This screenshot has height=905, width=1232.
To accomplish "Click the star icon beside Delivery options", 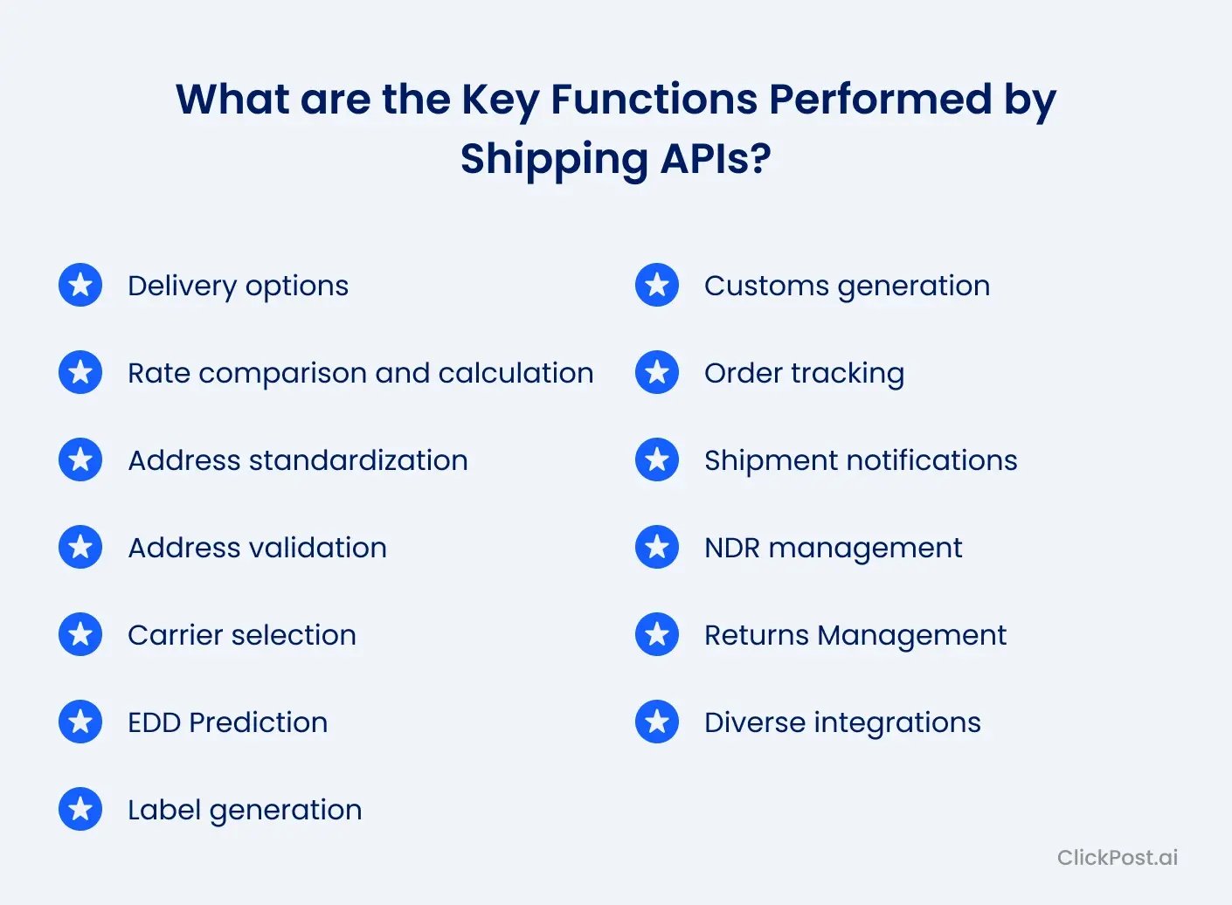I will pos(80,285).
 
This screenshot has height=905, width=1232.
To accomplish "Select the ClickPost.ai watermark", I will pos(1117,857).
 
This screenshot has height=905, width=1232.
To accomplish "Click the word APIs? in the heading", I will pos(716,159).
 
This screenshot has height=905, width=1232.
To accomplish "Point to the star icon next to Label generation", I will pos(80,809).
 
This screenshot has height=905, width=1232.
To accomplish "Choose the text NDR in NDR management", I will pos(732,548).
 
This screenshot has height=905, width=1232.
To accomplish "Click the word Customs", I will pos(766,286).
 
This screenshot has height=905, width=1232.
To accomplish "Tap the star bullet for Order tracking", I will pos(657,372).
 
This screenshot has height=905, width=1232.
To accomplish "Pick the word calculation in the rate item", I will pos(516,373).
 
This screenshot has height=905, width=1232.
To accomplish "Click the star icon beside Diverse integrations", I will pos(657,722).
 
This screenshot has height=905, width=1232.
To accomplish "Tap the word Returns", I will pos(756,635).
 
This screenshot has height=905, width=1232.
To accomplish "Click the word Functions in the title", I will pos(654,99).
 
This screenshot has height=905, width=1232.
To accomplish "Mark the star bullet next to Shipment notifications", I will pos(657,459).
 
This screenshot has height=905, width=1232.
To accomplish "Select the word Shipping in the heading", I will pos(553,159).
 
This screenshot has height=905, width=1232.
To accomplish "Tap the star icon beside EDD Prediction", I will pos(80,722).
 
